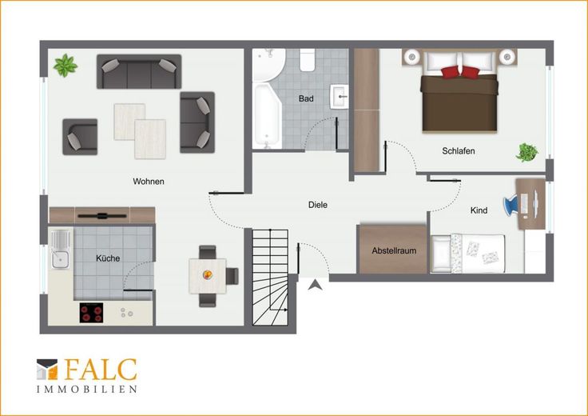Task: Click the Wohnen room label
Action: click(x=149, y=182)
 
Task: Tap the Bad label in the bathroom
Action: click(x=306, y=98)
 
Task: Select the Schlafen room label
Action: click(x=459, y=151)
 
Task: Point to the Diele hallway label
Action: click(x=318, y=205)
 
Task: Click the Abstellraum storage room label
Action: click(x=394, y=250)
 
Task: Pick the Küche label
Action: click(x=108, y=258)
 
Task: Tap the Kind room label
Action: click(x=479, y=210)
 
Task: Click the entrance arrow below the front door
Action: click(x=316, y=286)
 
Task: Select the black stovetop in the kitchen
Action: click(x=91, y=312)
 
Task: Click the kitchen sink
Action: click(x=61, y=250)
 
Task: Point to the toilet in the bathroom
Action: click(x=307, y=60)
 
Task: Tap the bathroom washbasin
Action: click(x=340, y=97)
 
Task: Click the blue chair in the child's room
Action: click(x=511, y=205)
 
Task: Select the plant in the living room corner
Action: click(x=66, y=66)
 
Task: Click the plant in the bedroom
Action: click(x=526, y=153)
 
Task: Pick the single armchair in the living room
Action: click(x=80, y=137)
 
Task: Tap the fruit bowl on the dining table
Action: click(x=208, y=275)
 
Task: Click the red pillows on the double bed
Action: click(x=459, y=72)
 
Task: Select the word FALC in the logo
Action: click(x=101, y=370)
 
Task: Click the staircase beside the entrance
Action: click(x=270, y=277)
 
